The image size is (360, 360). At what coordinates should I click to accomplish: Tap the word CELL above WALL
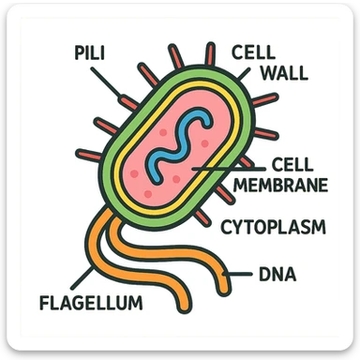point(252,51)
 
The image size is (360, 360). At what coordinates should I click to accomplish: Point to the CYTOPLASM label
point(273,227)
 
